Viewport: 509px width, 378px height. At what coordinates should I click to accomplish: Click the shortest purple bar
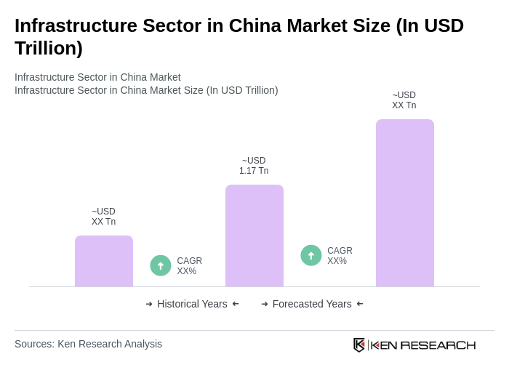tap(104, 261)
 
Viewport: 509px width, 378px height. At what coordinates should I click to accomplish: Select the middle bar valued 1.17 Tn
tap(254, 236)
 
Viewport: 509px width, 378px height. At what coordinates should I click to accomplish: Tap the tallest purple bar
tap(405, 203)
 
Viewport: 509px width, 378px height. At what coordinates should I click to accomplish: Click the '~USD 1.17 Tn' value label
tap(254, 166)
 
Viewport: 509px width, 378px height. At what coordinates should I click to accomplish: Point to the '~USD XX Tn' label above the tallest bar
tap(404, 100)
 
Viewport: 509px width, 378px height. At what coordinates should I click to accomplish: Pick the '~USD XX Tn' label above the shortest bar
tap(103, 217)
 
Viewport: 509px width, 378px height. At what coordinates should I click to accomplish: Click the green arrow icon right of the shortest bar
tap(161, 266)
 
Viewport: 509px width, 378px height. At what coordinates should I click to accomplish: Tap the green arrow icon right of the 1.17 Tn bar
tap(311, 256)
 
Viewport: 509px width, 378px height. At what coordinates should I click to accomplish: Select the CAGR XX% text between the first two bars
tap(189, 266)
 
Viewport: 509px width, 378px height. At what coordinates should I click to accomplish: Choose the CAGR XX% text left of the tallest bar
tap(340, 256)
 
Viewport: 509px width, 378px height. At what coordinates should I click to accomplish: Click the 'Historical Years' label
tap(192, 304)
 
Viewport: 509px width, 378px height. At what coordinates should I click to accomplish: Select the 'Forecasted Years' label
tap(312, 304)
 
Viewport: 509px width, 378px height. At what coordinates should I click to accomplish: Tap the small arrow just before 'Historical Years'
tap(149, 304)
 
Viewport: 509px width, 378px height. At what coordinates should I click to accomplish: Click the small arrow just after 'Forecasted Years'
tap(360, 304)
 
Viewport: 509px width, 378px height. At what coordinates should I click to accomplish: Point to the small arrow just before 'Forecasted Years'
tap(265, 304)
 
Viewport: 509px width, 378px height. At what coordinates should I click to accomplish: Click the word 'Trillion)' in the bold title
tap(49, 48)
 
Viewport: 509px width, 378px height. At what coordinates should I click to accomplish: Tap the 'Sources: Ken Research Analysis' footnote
tap(88, 344)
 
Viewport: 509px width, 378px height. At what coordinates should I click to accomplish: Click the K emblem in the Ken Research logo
tap(359, 345)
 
